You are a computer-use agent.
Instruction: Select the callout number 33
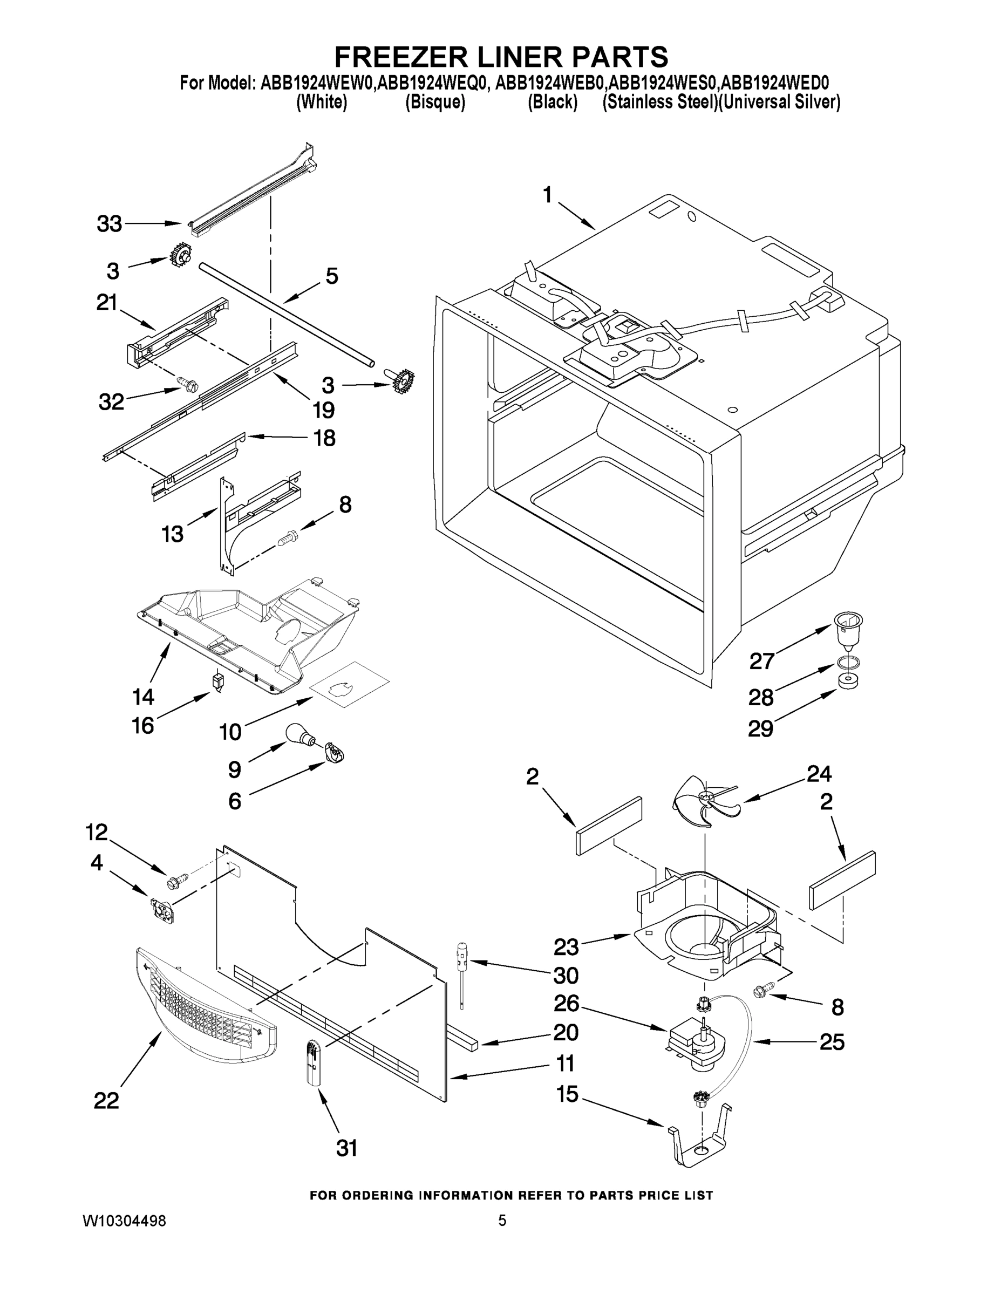pos(109,224)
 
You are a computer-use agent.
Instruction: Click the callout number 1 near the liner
pos(547,195)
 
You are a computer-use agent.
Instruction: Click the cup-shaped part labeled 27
pos(848,630)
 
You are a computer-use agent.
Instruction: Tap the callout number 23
pos(566,948)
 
